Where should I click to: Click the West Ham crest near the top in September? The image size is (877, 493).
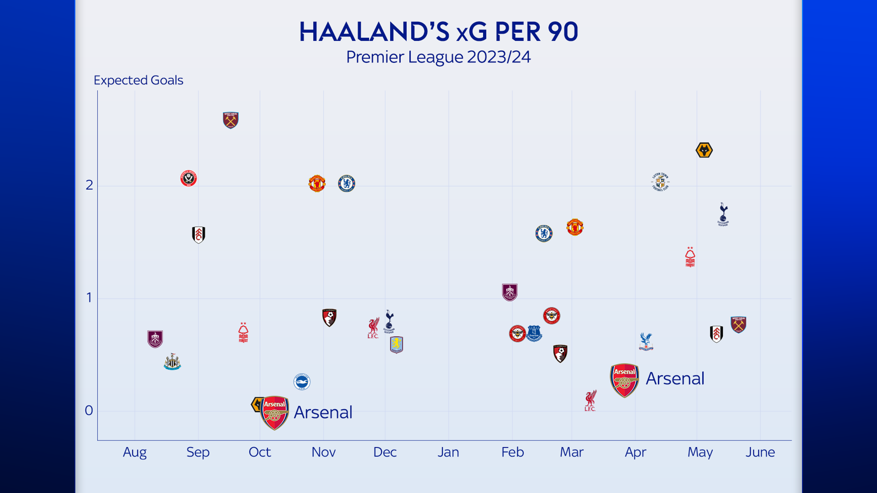(230, 120)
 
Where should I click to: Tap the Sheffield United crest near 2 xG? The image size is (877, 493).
(188, 178)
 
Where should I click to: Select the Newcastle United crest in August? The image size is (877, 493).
(172, 362)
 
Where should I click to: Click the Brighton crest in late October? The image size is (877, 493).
(302, 382)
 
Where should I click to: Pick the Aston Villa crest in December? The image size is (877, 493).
(397, 345)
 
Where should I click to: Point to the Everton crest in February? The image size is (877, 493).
(534, 333)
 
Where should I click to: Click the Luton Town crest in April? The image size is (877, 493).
(660, 182)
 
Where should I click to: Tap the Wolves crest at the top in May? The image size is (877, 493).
(704, 150)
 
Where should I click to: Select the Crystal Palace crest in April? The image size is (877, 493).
(646, 342)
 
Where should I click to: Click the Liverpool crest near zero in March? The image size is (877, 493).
(590, 401)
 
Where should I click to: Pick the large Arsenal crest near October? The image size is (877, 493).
(274, 413)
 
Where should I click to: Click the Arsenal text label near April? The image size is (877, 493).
(675, 379)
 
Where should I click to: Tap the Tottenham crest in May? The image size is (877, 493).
(723, 214)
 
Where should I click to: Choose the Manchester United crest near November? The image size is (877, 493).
(317, 184)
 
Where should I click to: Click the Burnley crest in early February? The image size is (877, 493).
(510, 292)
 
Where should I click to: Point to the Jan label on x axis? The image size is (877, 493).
(448, 452)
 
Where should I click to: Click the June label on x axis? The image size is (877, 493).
(760, 452)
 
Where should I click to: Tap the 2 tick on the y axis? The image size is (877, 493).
(89, 185)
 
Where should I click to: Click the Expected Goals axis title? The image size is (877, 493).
(138, 80)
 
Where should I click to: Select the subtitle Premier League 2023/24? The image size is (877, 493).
(438, 57)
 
